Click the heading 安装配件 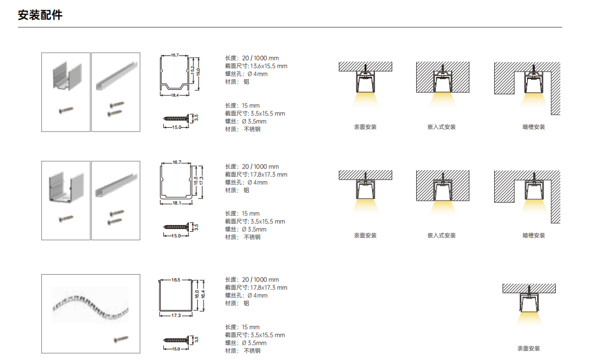coord(40,15)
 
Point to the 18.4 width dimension coord(174,95)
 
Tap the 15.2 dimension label coord(193,70)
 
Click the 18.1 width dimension coord(176,203)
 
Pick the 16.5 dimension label coord(176,280)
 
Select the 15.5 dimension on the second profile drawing coord(196,181)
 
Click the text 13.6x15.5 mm coord(269,66)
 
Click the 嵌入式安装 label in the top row coord(442,127)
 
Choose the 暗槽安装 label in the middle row coord(534,236)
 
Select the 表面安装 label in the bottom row coord(529,348)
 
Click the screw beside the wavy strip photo coord(121,340)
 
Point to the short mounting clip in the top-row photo coord(67,77)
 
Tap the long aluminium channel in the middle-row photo coord(116,185)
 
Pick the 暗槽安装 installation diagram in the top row coord(527,88)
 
